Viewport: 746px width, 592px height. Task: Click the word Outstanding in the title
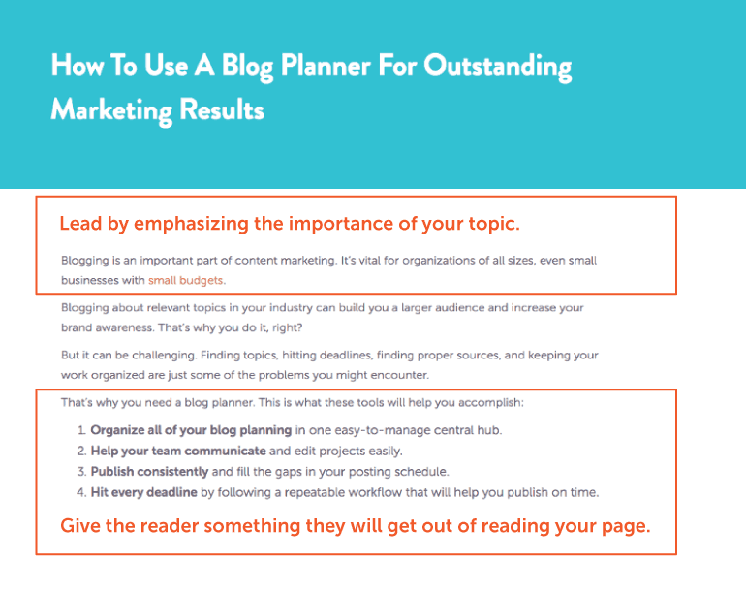tap(498, 67)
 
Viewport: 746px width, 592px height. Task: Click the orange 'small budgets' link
tap(186, 280)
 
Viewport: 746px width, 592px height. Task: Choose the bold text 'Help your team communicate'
tap(178, 451)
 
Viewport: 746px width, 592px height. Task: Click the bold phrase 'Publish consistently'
tap(149, 472)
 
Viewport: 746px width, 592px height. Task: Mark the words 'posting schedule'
tap(411, 472)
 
